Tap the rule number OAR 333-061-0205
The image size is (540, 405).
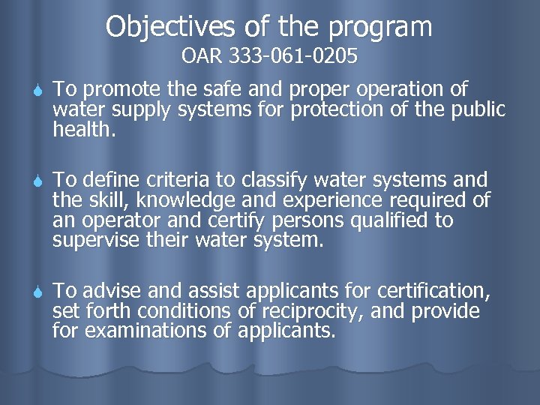pos(269,57)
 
